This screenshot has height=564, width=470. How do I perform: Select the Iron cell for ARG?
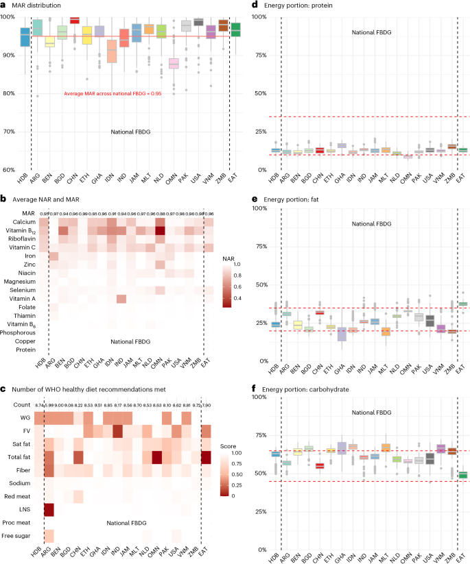point(52,256)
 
